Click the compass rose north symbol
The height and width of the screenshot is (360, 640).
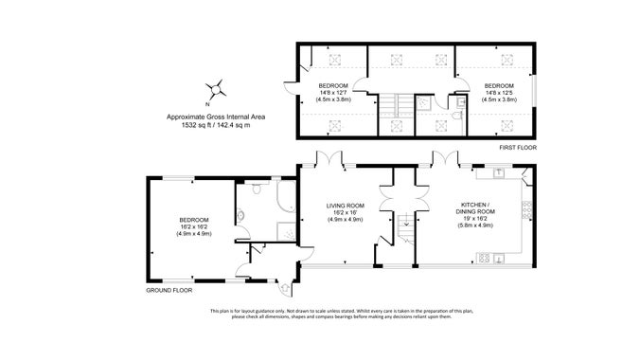pos(218,90)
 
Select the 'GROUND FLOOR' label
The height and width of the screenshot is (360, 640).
pos(164,291)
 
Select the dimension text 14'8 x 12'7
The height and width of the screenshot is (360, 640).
pos(333,92)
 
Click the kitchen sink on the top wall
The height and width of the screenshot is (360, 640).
pos(497,172)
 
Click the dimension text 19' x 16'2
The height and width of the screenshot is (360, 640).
pos(473,219)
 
